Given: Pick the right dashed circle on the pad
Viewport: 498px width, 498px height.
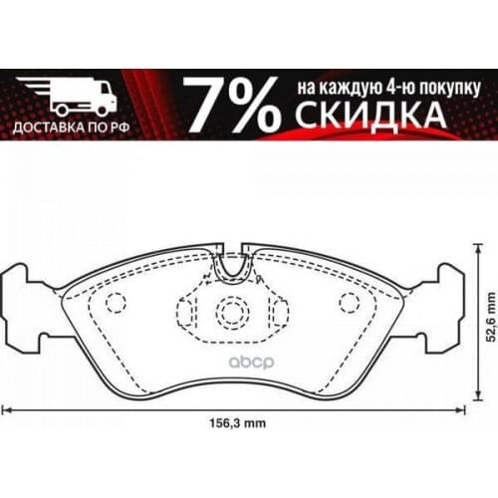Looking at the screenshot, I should (x=348, y=302).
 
